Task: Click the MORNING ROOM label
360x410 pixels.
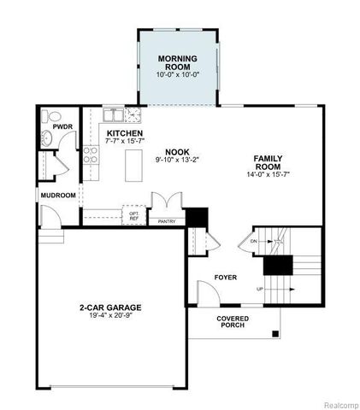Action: [x=177, y=62]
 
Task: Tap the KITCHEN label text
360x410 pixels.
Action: [x=124, y=134]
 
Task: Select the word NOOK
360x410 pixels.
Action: [x=176, y=151]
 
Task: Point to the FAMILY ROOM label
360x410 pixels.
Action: [x=268, y=162]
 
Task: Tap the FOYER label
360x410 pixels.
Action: [x=226, y=278]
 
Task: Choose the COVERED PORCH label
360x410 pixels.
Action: [x=233, y=321]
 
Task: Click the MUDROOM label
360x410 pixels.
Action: [x=58, y=195]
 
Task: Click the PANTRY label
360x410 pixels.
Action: [x=167, y=220]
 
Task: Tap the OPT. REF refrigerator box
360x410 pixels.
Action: [x=133, y=216]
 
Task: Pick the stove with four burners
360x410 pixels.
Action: [x=91, y=155]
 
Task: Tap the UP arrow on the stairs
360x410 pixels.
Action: [x=272, y=289]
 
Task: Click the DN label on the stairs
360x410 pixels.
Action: [x=254, y=242]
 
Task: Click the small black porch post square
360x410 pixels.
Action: [x=274, y=334]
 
